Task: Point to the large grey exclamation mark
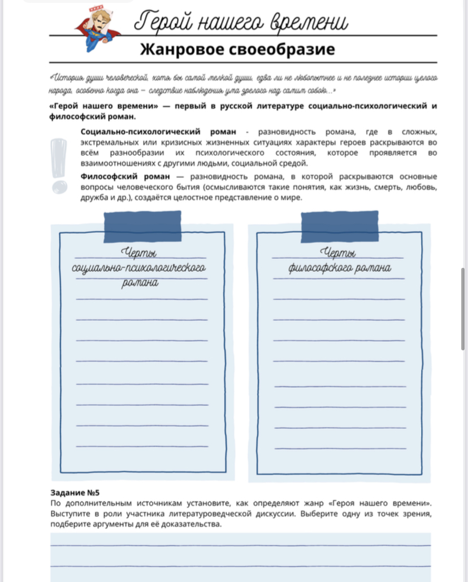click(x=58, y=164)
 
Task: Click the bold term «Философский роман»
click(x=123, y=176)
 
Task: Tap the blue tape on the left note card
click(x=143, y=226)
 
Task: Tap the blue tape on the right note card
click(x=339, y=226)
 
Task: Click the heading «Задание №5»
click(x=71, y=493)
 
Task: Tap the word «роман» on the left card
click(x=139, y=284)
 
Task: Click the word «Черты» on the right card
click(x=338, y=253)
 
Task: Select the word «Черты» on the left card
click(x=139, y=253)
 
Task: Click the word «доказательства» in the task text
click(x=191, y=524)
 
